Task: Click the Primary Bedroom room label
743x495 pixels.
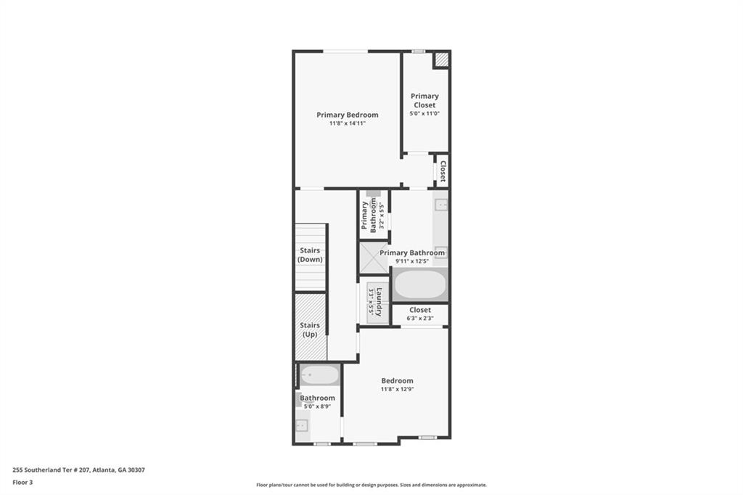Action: click(347, 115)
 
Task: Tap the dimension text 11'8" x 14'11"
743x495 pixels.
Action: click(347, 123)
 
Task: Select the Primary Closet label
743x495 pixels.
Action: click(424, 100)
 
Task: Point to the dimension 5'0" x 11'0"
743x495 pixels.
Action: click(424, 113)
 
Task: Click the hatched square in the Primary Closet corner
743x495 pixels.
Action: click(441, 60)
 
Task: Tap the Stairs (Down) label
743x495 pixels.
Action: click(310, 255)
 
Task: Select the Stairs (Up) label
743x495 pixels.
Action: click(310, 330)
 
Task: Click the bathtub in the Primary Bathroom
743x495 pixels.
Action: click(420, 285)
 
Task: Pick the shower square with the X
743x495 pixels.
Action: click(374, 258)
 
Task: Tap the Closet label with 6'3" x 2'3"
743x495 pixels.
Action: click(420, 310)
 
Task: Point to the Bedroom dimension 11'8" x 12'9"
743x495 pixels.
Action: click(397, 389)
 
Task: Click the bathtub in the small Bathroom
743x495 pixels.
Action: click(320, 375)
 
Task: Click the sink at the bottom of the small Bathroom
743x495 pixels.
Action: click(302, 425)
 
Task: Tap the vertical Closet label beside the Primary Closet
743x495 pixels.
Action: click(442, 171)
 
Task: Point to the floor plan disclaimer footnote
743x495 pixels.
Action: click(371, 485)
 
